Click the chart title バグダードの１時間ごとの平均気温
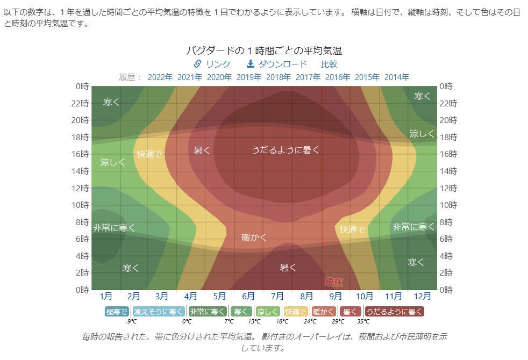[263, 51]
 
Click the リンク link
[212, 64]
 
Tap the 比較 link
[329, 64]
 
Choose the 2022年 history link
[160, 77]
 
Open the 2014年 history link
[397, 77]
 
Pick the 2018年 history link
[279, 77]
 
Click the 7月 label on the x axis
[277, 296]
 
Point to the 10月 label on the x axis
[364, 296]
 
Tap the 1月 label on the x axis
[106, 296]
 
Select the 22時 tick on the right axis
[448, 103]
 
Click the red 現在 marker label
[334, 282]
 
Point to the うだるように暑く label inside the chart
[286, 150]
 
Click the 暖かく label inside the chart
[254, 237]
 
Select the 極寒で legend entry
[117, 311]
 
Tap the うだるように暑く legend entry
[395, 311]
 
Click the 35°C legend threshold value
[363, 321]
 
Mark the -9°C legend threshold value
[131, 321]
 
